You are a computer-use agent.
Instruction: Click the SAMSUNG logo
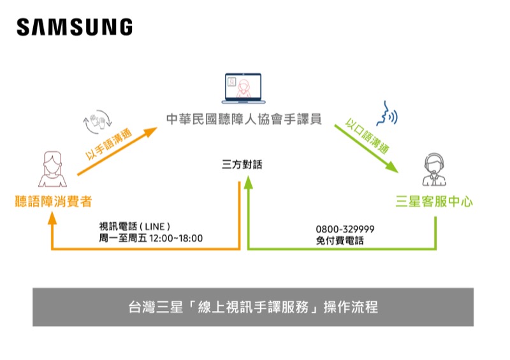[75, 27]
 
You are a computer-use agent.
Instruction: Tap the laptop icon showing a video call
[244, 89]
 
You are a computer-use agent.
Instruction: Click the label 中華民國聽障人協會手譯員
[244, 119]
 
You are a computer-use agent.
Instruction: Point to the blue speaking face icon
[387, 113]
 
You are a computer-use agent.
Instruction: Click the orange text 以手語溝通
[108, 143]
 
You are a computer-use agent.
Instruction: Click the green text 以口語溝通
[367, 136]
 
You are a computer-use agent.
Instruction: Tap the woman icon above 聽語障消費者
[52, 169]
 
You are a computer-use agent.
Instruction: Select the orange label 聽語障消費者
[54, 201]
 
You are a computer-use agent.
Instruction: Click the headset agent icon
[434, 169]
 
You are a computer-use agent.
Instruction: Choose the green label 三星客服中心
[434, 201]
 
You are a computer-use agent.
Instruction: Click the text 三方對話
[242, 164]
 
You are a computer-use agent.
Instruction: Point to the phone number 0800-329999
[345, 229]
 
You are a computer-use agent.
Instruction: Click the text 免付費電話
[340, 241]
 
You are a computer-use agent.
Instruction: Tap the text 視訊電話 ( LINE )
[135, 226]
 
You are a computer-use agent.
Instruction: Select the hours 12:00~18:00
[176, 238]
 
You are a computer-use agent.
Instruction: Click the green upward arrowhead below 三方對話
[249, 182]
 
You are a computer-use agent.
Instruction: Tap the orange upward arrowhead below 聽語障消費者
[52, 218]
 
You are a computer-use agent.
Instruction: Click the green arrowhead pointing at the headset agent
[391, 167]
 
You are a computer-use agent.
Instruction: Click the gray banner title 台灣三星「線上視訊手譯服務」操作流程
[253, 307]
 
